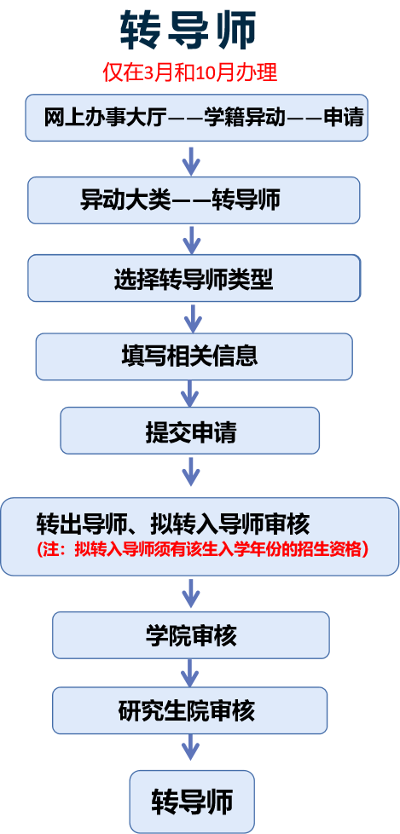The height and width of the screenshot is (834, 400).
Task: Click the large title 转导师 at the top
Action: pos(188,31)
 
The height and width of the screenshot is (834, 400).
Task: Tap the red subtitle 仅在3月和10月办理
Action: pos(190,72)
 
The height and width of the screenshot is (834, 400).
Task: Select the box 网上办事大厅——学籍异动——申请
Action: pos(197,118)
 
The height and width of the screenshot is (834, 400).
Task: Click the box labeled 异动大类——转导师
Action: pos(194,200)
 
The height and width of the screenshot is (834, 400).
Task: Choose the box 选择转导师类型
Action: pos(194,278)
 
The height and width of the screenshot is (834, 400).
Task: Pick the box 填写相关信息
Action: pos(194,356)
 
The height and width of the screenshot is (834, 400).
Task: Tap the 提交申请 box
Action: pos(190,431)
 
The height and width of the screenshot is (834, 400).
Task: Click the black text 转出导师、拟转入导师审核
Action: pos(173,524)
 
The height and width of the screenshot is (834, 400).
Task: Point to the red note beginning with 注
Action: pos(202,549)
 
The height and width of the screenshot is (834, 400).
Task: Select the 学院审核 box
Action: pos(191,635)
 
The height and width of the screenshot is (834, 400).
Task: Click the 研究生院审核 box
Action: pos(190,710)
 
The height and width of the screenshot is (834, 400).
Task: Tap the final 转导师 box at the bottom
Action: pos(192,802)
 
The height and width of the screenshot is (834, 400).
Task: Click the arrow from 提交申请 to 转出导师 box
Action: pos(190,472)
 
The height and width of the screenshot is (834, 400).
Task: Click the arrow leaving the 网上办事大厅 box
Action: pos(191,159)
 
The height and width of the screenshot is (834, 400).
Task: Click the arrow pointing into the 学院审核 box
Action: pos(190,593)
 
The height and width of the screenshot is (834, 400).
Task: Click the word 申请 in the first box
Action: pos(344,118)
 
